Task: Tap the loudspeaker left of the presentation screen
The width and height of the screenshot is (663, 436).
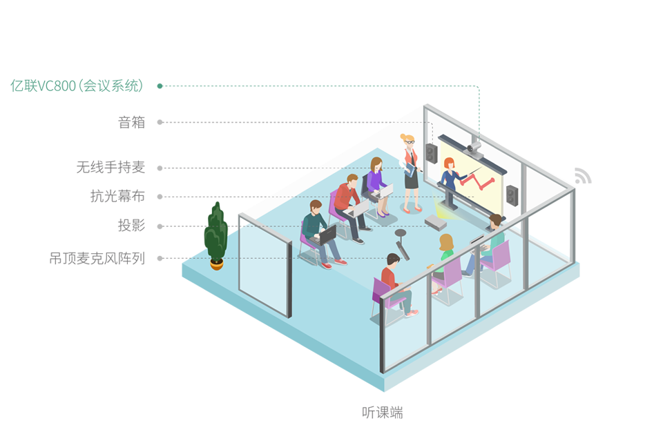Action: (x=432, y=153)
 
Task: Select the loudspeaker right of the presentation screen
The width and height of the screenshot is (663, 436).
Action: (x=512, y=196)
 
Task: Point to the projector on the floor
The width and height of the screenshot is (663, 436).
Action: (x=436, y=221)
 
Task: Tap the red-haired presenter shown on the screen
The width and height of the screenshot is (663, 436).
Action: (x=451, y=175)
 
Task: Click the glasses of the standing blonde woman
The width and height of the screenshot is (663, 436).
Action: (x=410, y=142)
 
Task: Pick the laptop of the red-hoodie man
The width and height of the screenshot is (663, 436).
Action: (x=361, y=208)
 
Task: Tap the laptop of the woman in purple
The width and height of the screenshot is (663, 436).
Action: (x=386, y=190)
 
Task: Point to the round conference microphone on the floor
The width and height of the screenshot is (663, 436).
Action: (x=401, y=235)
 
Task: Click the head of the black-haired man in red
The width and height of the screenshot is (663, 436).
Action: (x=392, y=260)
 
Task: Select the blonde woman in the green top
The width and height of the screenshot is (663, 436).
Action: (x=445, y=248)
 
